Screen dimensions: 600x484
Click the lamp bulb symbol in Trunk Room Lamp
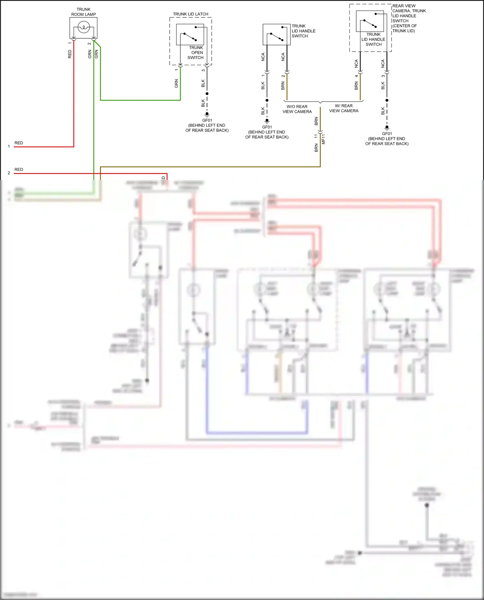click(84, 27)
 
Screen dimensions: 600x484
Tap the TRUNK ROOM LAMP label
click(84, 12)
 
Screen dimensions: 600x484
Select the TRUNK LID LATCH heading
click(190, 14)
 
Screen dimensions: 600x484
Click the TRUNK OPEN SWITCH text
click(196, 53)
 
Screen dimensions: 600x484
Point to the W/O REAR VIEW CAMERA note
click(297, 109)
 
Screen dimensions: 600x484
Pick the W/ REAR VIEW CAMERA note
click(344, 108)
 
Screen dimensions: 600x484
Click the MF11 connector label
click(324, 139)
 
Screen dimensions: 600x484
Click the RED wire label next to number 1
click(19, 143)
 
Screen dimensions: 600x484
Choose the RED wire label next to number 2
click(19, 169)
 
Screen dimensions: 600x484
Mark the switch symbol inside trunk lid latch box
click(190, 36)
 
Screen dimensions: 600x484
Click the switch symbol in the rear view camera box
click(370, 24)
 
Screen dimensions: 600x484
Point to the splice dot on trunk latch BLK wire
click(207, 94)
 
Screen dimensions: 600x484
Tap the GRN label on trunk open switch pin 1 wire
click(176, 84)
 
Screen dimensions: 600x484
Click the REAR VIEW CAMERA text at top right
click(404, 6)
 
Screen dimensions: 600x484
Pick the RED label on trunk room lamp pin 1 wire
click(70, 54)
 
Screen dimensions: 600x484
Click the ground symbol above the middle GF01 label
click(267, 121)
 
